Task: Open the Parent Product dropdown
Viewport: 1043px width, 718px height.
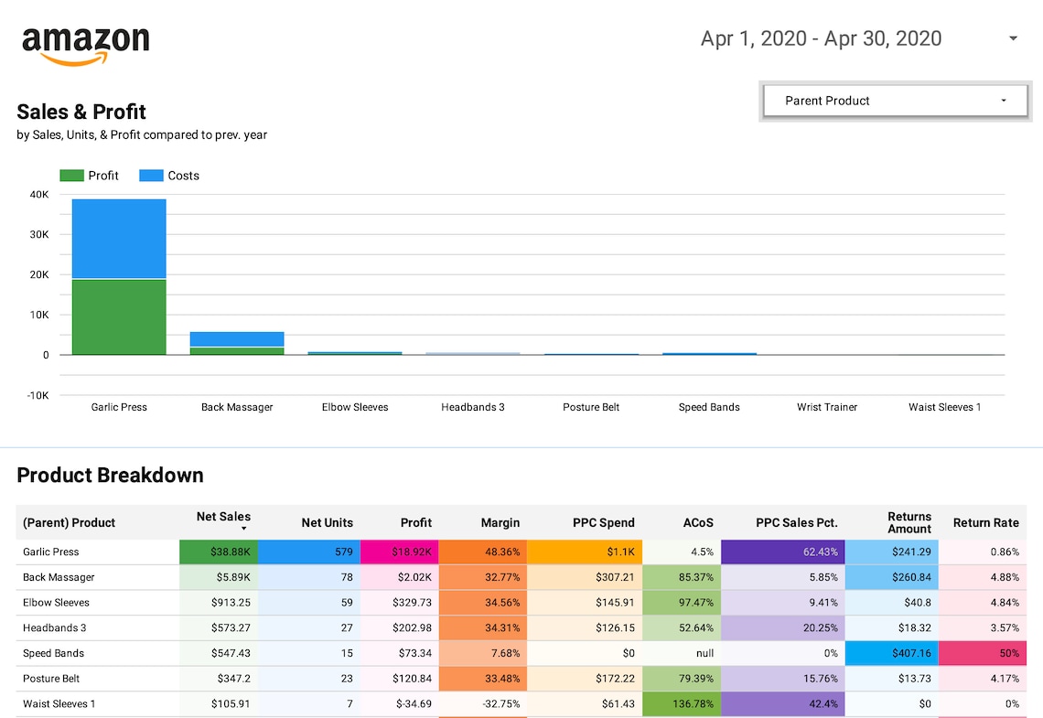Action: (895, 101)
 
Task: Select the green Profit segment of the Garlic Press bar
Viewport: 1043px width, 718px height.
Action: (119, 316)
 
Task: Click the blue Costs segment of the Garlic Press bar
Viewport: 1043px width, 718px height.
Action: (119, 239)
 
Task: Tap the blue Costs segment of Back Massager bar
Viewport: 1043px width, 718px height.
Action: (237, 339)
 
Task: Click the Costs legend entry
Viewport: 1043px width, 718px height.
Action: (169, 176)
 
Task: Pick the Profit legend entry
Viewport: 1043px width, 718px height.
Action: (90, 176)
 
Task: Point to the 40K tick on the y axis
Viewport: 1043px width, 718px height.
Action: (39, 194)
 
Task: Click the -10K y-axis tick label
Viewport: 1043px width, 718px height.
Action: (37, 395)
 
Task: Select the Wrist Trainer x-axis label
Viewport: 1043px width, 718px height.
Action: (827, 407)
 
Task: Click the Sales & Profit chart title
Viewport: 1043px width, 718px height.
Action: (81, 112)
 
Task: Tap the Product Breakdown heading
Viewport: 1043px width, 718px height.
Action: (110, 475)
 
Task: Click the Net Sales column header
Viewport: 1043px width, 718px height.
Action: (223, 518)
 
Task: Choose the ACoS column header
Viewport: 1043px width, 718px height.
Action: (698, 523)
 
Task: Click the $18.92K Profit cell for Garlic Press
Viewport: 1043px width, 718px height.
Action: (399, 552)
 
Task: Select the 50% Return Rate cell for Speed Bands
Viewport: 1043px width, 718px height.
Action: (983, 654)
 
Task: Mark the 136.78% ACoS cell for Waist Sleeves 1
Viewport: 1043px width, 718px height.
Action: (681, 704)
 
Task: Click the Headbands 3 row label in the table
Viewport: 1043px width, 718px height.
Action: (55, 628)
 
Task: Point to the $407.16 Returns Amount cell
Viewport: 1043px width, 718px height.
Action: (890, 654)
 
